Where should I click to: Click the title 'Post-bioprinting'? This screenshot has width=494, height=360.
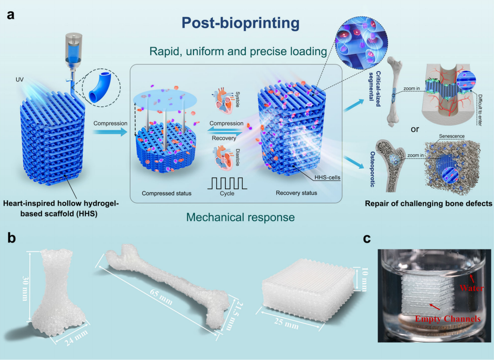tap(240, 23)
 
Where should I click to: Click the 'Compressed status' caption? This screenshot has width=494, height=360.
tap(166, 193)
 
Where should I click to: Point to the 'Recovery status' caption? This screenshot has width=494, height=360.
tap(296, 193)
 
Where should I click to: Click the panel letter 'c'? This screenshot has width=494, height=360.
tap(367, 238)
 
